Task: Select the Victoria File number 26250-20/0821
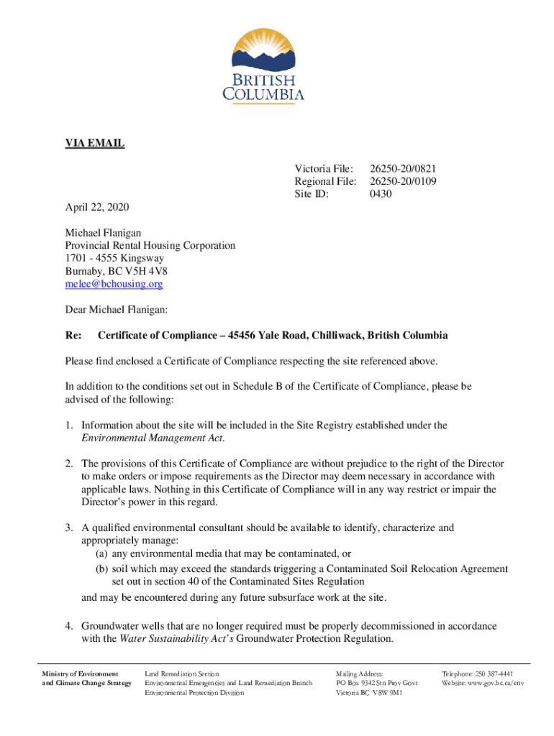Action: point(403,168)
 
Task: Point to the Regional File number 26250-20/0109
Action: point(403,181)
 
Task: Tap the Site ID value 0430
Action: point(381,194)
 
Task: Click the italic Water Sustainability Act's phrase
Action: point(176,638)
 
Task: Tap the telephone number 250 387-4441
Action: point(488,673)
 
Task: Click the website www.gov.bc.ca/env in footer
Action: point(493,683)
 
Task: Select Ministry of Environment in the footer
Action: point(80,673)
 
